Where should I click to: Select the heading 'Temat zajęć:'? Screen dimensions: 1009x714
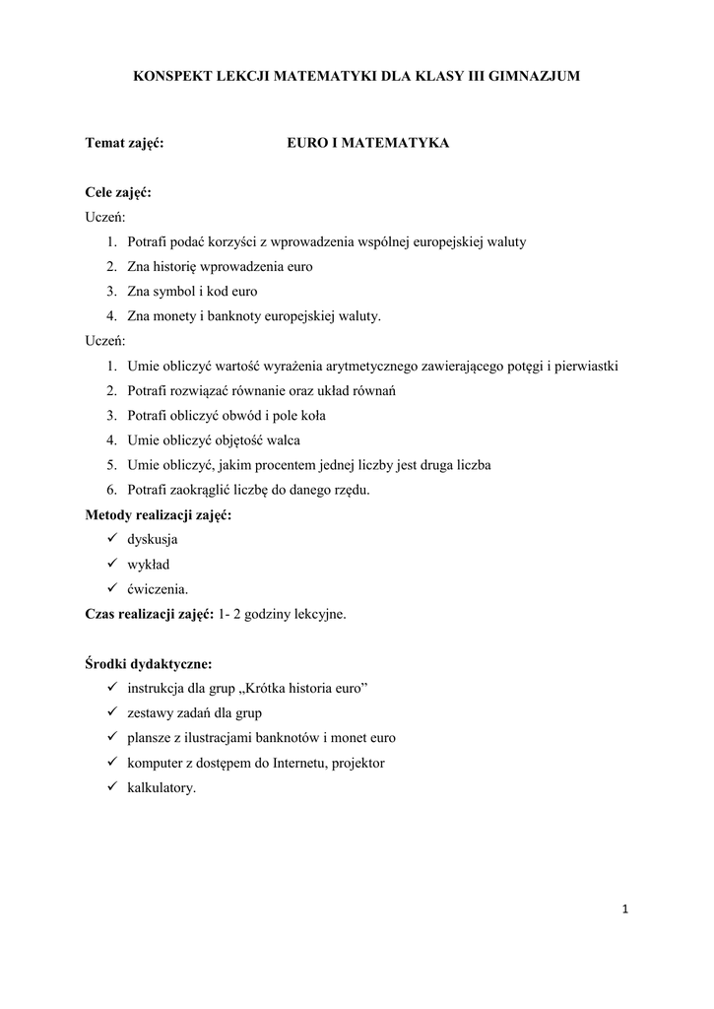point(124,144)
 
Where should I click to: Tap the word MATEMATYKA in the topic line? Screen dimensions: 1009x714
point(401,144)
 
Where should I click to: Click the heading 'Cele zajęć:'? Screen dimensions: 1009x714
point(118,192)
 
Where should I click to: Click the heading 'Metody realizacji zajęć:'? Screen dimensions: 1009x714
point(159,514)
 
